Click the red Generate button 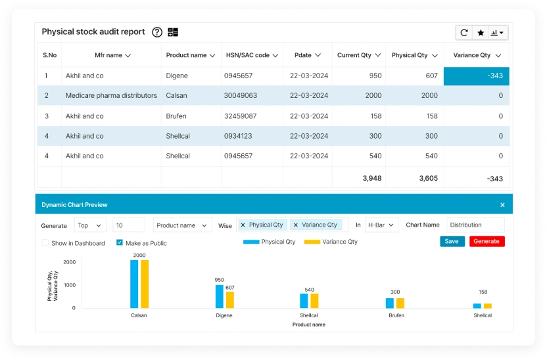click(x=487, y=241)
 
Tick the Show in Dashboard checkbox click(x=45, y=243)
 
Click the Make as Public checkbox click(x=120, y=243)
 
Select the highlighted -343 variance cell click(x=476, y=76)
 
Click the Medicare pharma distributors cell click(x=111, y=95)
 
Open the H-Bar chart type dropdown click(x=381, y=225)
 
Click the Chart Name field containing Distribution click(x=475, y=225)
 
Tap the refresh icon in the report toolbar click(x=464, y=33)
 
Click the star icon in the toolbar click(x=481, y=33)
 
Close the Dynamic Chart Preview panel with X click(x=502, y=205)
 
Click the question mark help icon click(x=157, y=32)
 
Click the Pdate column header click(x=307, y=55)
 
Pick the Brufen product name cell click(x=176, y=116)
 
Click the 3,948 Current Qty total click(x=371, y=178)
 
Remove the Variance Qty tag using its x click(x=296, y=225)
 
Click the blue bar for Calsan click(x=134, y=284)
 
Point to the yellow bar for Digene click(x=230, y=300)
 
